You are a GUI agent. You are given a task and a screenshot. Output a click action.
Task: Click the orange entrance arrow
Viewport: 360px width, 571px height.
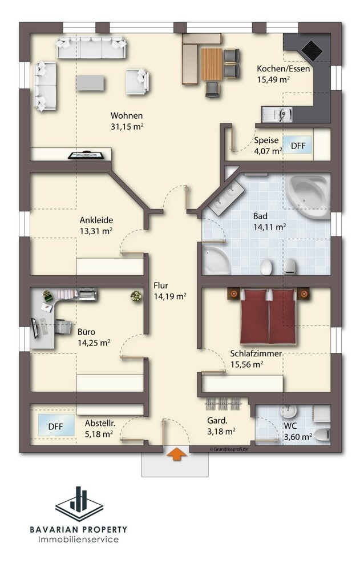176,455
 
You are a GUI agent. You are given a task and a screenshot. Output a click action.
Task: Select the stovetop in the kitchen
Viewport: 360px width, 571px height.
312,50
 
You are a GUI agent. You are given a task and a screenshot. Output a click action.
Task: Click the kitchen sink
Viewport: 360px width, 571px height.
277,114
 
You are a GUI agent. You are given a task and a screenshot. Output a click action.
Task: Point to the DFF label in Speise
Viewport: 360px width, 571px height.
298,146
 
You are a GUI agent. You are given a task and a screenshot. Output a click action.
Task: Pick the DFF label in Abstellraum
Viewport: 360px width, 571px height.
56,427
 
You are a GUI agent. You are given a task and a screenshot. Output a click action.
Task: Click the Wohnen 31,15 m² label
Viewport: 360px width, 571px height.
127,121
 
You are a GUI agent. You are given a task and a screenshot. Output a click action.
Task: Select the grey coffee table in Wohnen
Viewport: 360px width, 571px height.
90,83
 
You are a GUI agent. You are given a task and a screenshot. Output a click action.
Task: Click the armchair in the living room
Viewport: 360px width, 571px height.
137,82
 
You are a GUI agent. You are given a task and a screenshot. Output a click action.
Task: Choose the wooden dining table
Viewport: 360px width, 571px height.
212,65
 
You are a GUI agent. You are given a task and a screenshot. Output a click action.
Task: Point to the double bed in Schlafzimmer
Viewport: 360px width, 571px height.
268,316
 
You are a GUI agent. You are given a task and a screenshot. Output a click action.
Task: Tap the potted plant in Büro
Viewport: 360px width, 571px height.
136,296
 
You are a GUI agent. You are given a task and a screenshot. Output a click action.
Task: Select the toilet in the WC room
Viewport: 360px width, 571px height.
322,435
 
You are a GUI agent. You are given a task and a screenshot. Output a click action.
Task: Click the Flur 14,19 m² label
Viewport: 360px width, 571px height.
169,291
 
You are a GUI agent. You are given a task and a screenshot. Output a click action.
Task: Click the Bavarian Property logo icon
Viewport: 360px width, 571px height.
79,504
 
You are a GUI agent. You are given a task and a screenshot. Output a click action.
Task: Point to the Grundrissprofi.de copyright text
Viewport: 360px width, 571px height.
229,449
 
